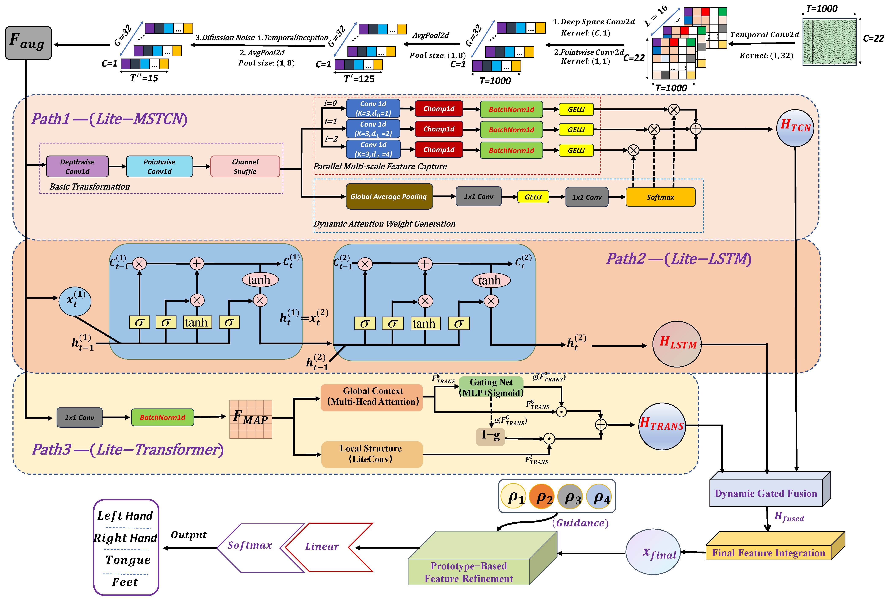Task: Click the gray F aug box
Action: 28,43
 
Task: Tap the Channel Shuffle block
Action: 245,167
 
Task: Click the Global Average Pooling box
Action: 389,196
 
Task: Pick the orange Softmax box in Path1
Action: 660,197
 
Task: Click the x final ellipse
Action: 653,552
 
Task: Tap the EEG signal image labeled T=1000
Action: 829,42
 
